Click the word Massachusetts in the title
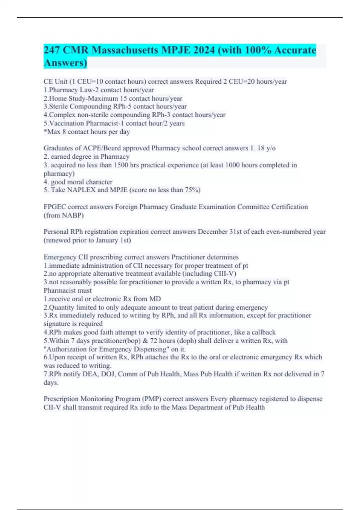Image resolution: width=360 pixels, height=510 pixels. (125, 50)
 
